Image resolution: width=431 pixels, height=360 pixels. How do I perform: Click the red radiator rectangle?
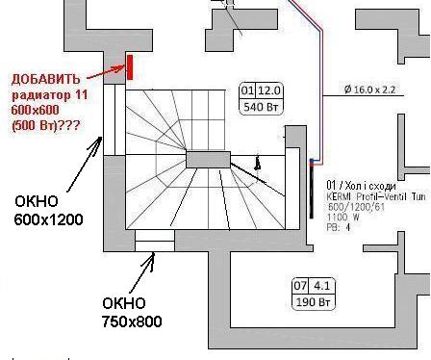[x=127, y=67]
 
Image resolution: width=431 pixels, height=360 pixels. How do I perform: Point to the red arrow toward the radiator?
[x=101, y=72]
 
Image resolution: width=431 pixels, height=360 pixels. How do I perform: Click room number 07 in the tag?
[x=300, y=285]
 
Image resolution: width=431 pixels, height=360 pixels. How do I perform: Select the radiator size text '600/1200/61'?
[x=353, y=206]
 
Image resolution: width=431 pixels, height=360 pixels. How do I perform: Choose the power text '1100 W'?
[x=342, y=217]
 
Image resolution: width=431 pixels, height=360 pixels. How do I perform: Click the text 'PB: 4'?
[x=340, y=228]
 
